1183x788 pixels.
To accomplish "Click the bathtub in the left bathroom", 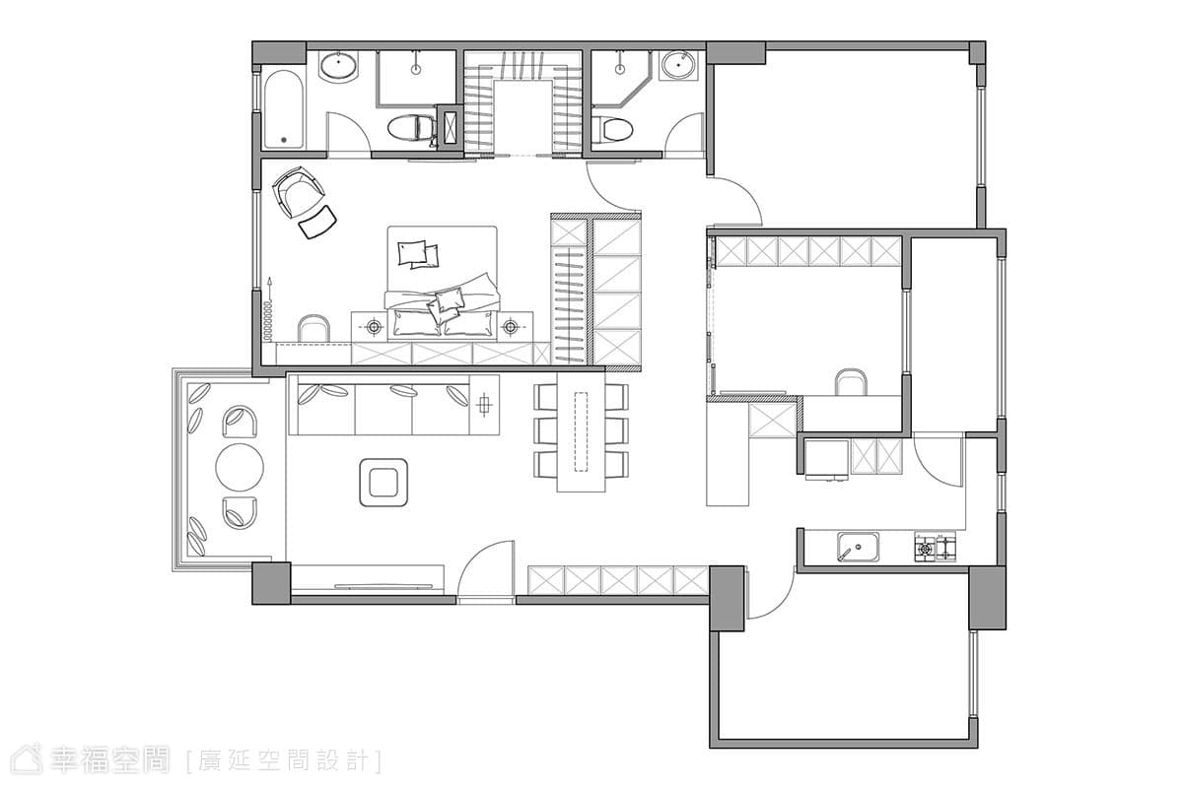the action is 284,109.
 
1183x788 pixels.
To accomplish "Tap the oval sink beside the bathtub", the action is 338,67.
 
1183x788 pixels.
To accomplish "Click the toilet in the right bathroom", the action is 612,129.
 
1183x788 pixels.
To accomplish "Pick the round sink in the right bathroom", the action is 678,65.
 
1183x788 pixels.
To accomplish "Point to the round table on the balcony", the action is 240,467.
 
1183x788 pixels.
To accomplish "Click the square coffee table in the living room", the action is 383,483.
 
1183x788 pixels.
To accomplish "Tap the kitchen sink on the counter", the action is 859,547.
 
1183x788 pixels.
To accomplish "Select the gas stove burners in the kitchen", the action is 936,548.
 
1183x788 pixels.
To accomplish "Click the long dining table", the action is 581,432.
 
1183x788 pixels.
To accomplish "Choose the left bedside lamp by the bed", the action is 374,327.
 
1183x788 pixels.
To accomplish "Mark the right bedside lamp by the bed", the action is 510,327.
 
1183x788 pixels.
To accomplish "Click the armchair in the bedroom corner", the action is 298,192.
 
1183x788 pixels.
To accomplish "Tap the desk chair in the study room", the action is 850,381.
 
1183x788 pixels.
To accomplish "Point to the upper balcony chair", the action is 240,422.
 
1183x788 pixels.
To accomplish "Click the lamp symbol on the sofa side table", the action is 484,405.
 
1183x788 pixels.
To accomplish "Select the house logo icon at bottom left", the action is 27,761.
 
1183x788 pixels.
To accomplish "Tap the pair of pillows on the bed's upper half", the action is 418,254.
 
